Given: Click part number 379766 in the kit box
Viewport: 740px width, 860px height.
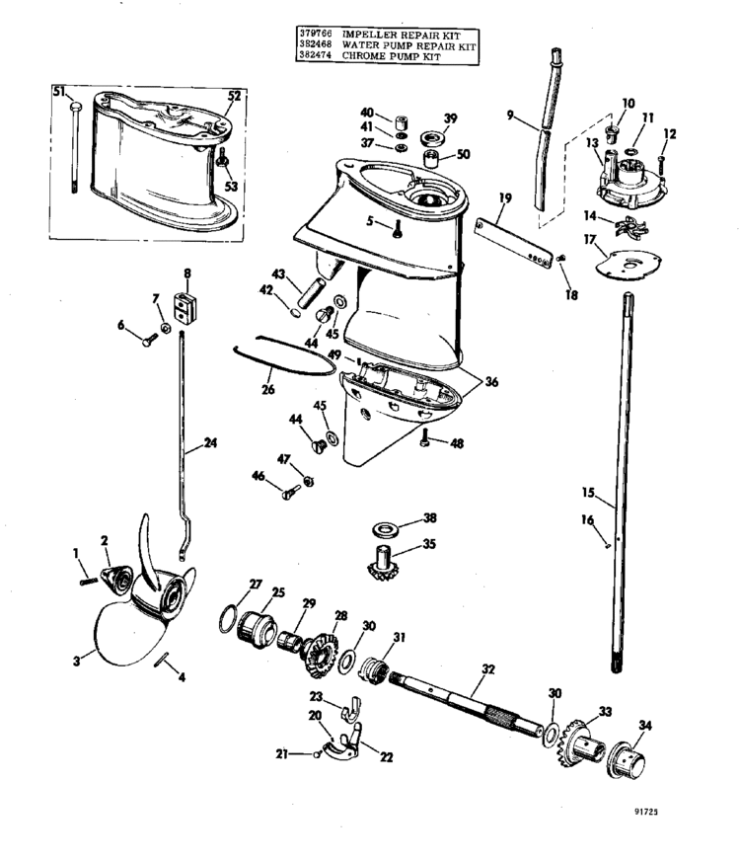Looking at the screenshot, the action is pos(315,34).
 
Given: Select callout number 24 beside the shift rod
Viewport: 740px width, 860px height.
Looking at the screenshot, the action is pos(210,442).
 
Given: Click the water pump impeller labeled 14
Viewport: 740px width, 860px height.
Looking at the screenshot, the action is pos(630,227).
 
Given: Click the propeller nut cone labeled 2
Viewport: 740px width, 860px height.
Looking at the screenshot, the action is pos(116,581).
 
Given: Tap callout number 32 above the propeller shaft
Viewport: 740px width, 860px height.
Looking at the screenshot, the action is pos(487,669).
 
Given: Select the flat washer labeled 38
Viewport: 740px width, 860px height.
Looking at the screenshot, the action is pos(388,530).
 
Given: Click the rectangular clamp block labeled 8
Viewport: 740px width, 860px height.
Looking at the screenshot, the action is pos(185,308).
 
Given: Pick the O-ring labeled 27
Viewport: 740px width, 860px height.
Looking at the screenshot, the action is pos(229,618).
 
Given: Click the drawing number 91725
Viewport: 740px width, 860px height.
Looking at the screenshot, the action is pos(647,812).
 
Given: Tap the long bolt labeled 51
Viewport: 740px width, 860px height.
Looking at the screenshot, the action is pos(74,146).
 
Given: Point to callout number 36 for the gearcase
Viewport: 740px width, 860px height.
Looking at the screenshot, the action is pos(491,382).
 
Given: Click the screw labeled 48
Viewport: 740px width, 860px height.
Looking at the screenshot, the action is pos(423,437).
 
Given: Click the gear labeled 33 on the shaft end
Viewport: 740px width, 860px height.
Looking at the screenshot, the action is pos(574,743).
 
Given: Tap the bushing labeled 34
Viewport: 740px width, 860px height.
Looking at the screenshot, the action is pos(626,759).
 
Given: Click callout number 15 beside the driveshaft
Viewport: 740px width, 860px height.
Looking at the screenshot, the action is pos(588,493).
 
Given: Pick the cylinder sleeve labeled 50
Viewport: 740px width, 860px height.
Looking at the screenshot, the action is pos(432,158).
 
